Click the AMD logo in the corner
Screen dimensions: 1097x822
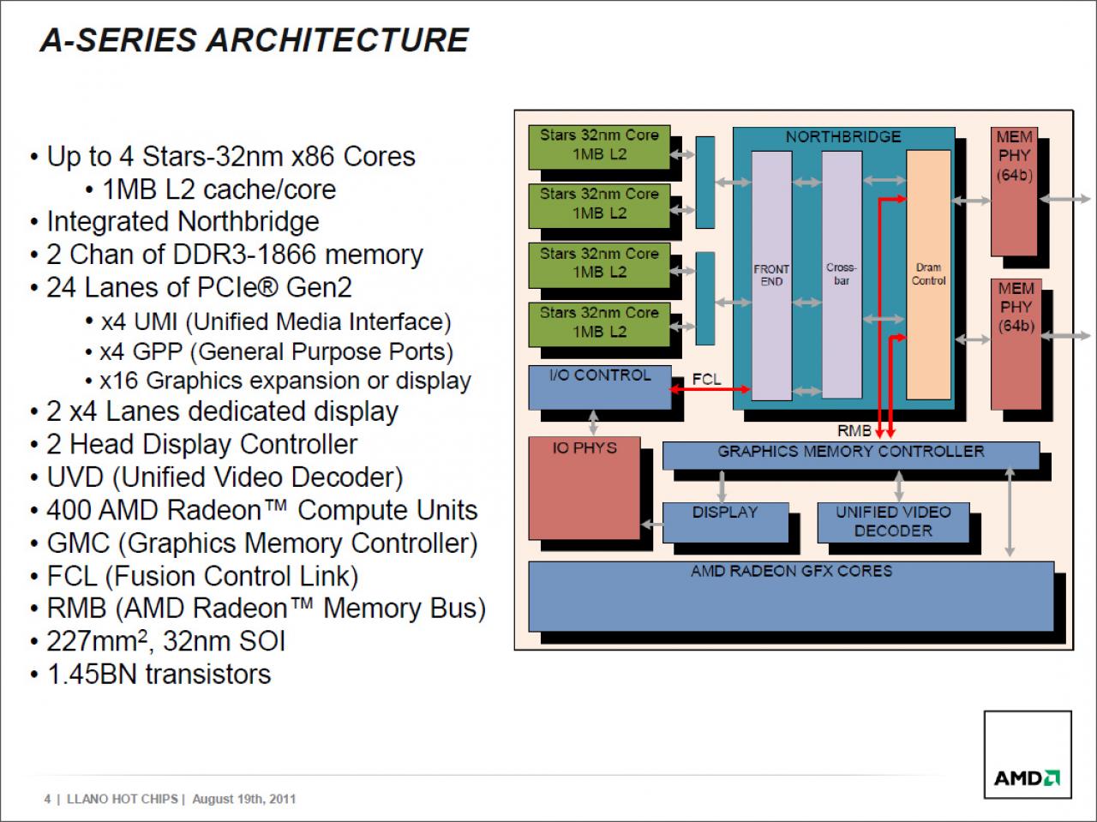(x=1027, y=778)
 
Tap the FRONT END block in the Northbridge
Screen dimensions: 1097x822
(x=771, y=275)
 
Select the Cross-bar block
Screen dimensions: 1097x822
(x=842, y=274)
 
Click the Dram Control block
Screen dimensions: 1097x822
(x=928, y=275)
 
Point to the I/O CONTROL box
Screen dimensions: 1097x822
(x=600, y=387)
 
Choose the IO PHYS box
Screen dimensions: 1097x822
(x=584, y=489)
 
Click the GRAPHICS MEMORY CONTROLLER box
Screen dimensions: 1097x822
(x=851, y=455)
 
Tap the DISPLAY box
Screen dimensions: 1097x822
(x=725, y=523)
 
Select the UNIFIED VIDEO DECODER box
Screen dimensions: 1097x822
(x=893, y=523)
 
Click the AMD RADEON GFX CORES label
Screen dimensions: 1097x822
(x=791, y=571)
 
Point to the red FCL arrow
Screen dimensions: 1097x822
(x=710, y=389)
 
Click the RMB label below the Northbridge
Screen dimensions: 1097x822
(x=854, y=430)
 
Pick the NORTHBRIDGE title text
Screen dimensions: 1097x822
(x=843, y=137)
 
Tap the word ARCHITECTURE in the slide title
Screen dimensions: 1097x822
(x=338, y=40)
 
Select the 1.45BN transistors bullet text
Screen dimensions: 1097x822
(x=159, y=674)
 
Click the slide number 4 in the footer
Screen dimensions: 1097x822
(x=47, y=799)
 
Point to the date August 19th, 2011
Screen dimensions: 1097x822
(x=244, y=799)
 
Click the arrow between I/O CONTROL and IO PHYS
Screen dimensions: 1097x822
(x=593, y=423)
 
